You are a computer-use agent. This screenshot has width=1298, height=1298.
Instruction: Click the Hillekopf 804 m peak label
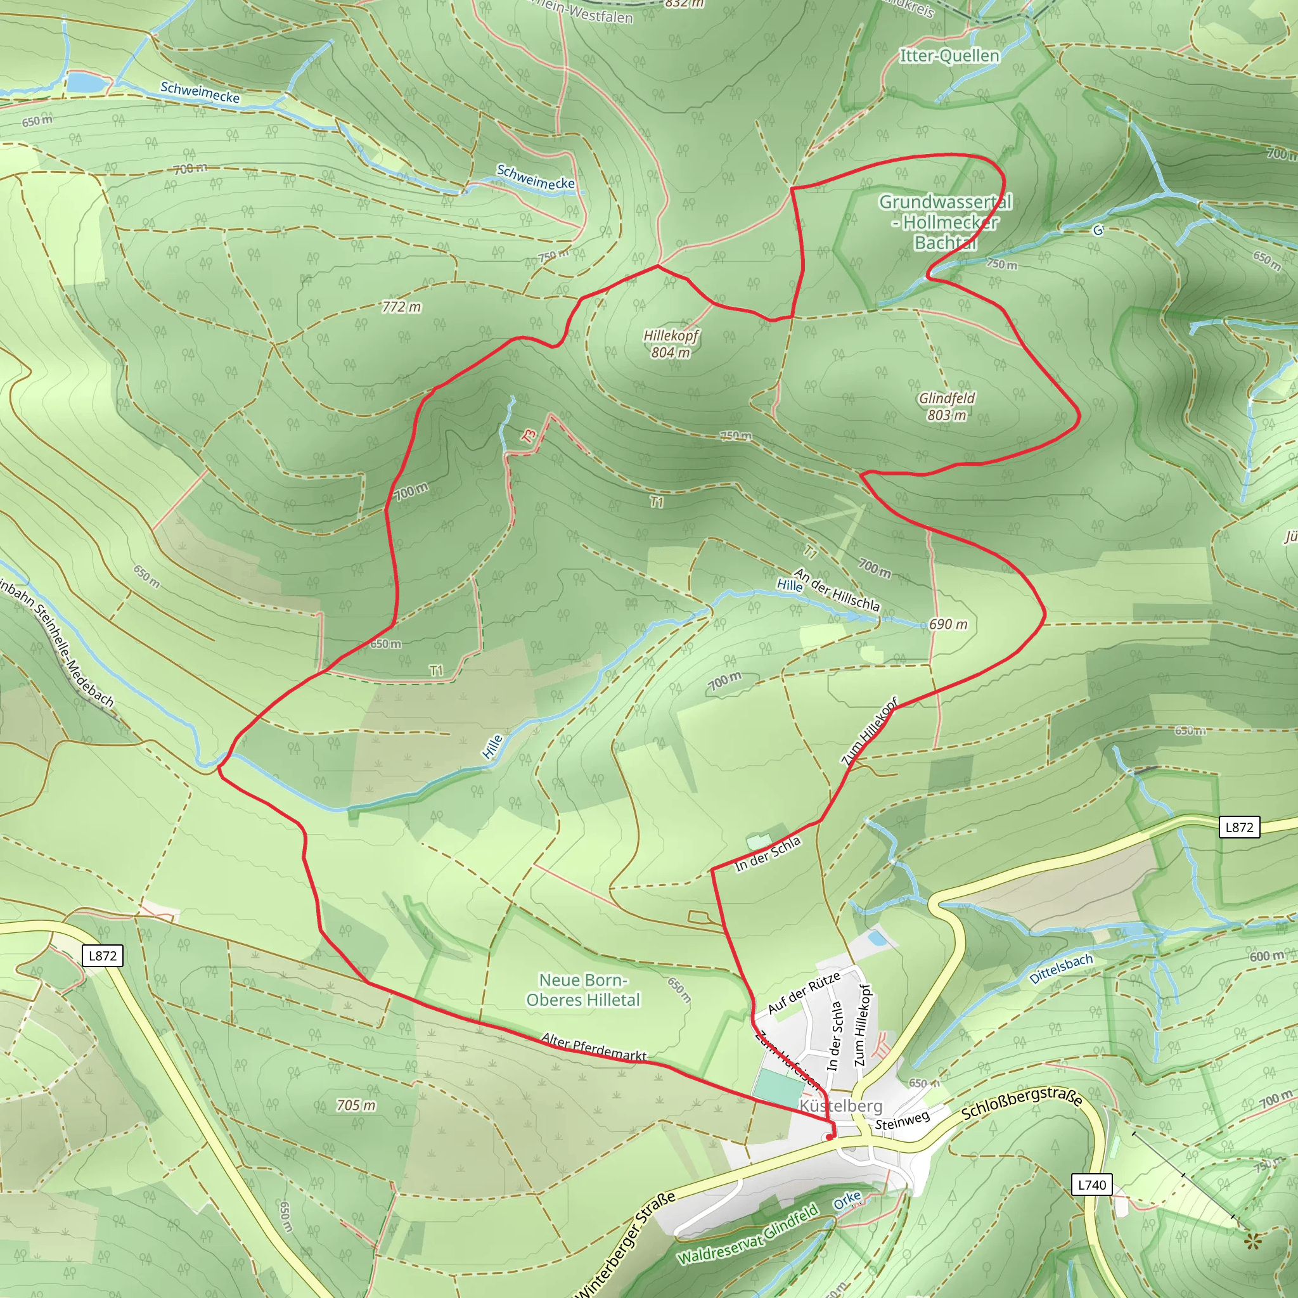click(671, 344)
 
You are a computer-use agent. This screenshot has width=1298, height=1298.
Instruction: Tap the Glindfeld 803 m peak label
click(947, 406)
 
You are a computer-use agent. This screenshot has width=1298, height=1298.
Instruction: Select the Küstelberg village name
click(840, 1105)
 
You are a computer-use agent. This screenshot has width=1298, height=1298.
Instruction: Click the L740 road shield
click(1091, 1185)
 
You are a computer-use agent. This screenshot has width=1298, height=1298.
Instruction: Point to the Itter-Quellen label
click(949, 56)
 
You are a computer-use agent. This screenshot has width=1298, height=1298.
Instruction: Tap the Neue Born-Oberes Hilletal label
click(582, 989)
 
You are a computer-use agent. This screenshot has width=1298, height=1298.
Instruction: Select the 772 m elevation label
click(401, 307)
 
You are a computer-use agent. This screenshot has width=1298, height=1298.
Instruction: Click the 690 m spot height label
click(948, 624)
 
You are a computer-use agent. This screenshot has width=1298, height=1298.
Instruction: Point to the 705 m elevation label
click(356, 1105)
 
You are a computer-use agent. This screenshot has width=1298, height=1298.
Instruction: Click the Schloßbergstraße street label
click(1021, 1105)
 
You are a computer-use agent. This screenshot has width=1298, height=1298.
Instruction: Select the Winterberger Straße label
click(625, 1246)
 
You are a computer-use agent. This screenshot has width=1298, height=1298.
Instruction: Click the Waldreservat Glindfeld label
click(747, 1235)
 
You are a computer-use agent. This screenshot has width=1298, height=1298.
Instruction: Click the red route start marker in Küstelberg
click(830, 1138)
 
